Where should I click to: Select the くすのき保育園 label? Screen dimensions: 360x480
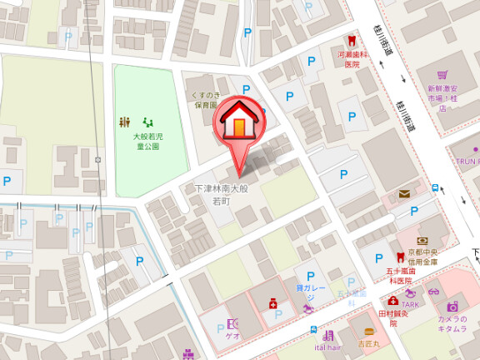click(x=205, y=101)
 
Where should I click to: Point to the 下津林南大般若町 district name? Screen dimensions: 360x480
click(x=222, y=194)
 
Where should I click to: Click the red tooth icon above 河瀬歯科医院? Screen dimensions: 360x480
click(x=352, y=40)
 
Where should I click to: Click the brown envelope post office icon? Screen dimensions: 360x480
click(x=405, y=194)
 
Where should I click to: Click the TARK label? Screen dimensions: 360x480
click(x=410, y=304)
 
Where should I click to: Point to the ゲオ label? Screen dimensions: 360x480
click(x=232, y=336)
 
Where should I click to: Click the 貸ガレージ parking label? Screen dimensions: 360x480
click(x=305, y=292)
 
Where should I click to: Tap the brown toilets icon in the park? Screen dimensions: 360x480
click(x=125, y=122)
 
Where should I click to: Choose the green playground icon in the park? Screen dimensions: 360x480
click(x=148, y=122)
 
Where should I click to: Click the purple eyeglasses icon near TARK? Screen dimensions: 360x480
click(x=433, y=292)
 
